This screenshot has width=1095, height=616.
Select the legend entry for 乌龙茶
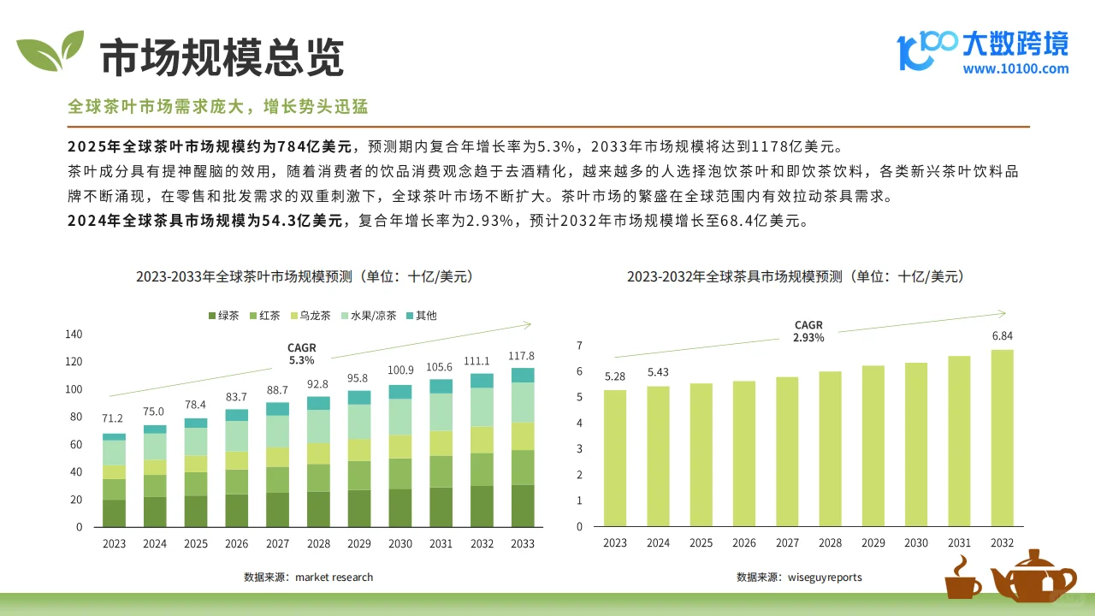click(x=311, y=316)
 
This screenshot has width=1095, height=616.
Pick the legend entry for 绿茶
click(x=223, y=316)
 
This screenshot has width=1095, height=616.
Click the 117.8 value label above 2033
click(x=521, y=356)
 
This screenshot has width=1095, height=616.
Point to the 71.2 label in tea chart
click(x=112, y=418)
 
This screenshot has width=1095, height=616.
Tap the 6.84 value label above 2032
click(x=1002, y=336)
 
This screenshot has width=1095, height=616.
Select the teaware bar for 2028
click(x=830, y=448)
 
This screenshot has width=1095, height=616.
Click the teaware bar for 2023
click(x=615, y=458)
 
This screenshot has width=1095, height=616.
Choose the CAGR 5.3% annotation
click(x=301, y=354)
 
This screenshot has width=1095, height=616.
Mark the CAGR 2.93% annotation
click(x=808, y=332)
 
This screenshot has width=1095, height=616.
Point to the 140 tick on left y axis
click(x=74, y=334)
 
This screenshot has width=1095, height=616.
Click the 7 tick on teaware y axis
click(x=579, y=346)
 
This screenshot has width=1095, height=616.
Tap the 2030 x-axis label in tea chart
click(x=401, y=544)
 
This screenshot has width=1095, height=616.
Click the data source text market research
click(x=309, y=577)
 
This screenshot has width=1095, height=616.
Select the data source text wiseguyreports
click(x=799, y=577)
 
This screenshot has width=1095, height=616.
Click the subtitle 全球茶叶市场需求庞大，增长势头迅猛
click(x=218, y=107)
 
